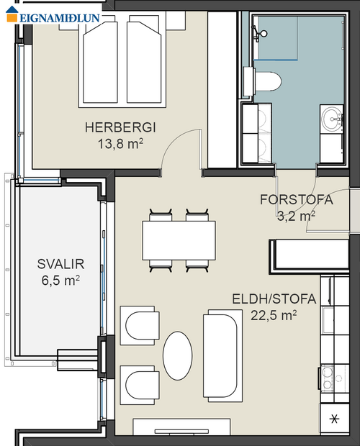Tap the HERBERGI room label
tap(120, 128)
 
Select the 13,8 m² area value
tap(120, 143)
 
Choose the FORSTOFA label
tap(296, 200)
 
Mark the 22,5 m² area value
tap(274, 314)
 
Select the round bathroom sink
tap(333, 118)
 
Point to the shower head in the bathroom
tap(261, 32)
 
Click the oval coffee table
tap(178, 354)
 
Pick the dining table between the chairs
tap(179, 241)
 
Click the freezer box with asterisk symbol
tap(333, 419)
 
